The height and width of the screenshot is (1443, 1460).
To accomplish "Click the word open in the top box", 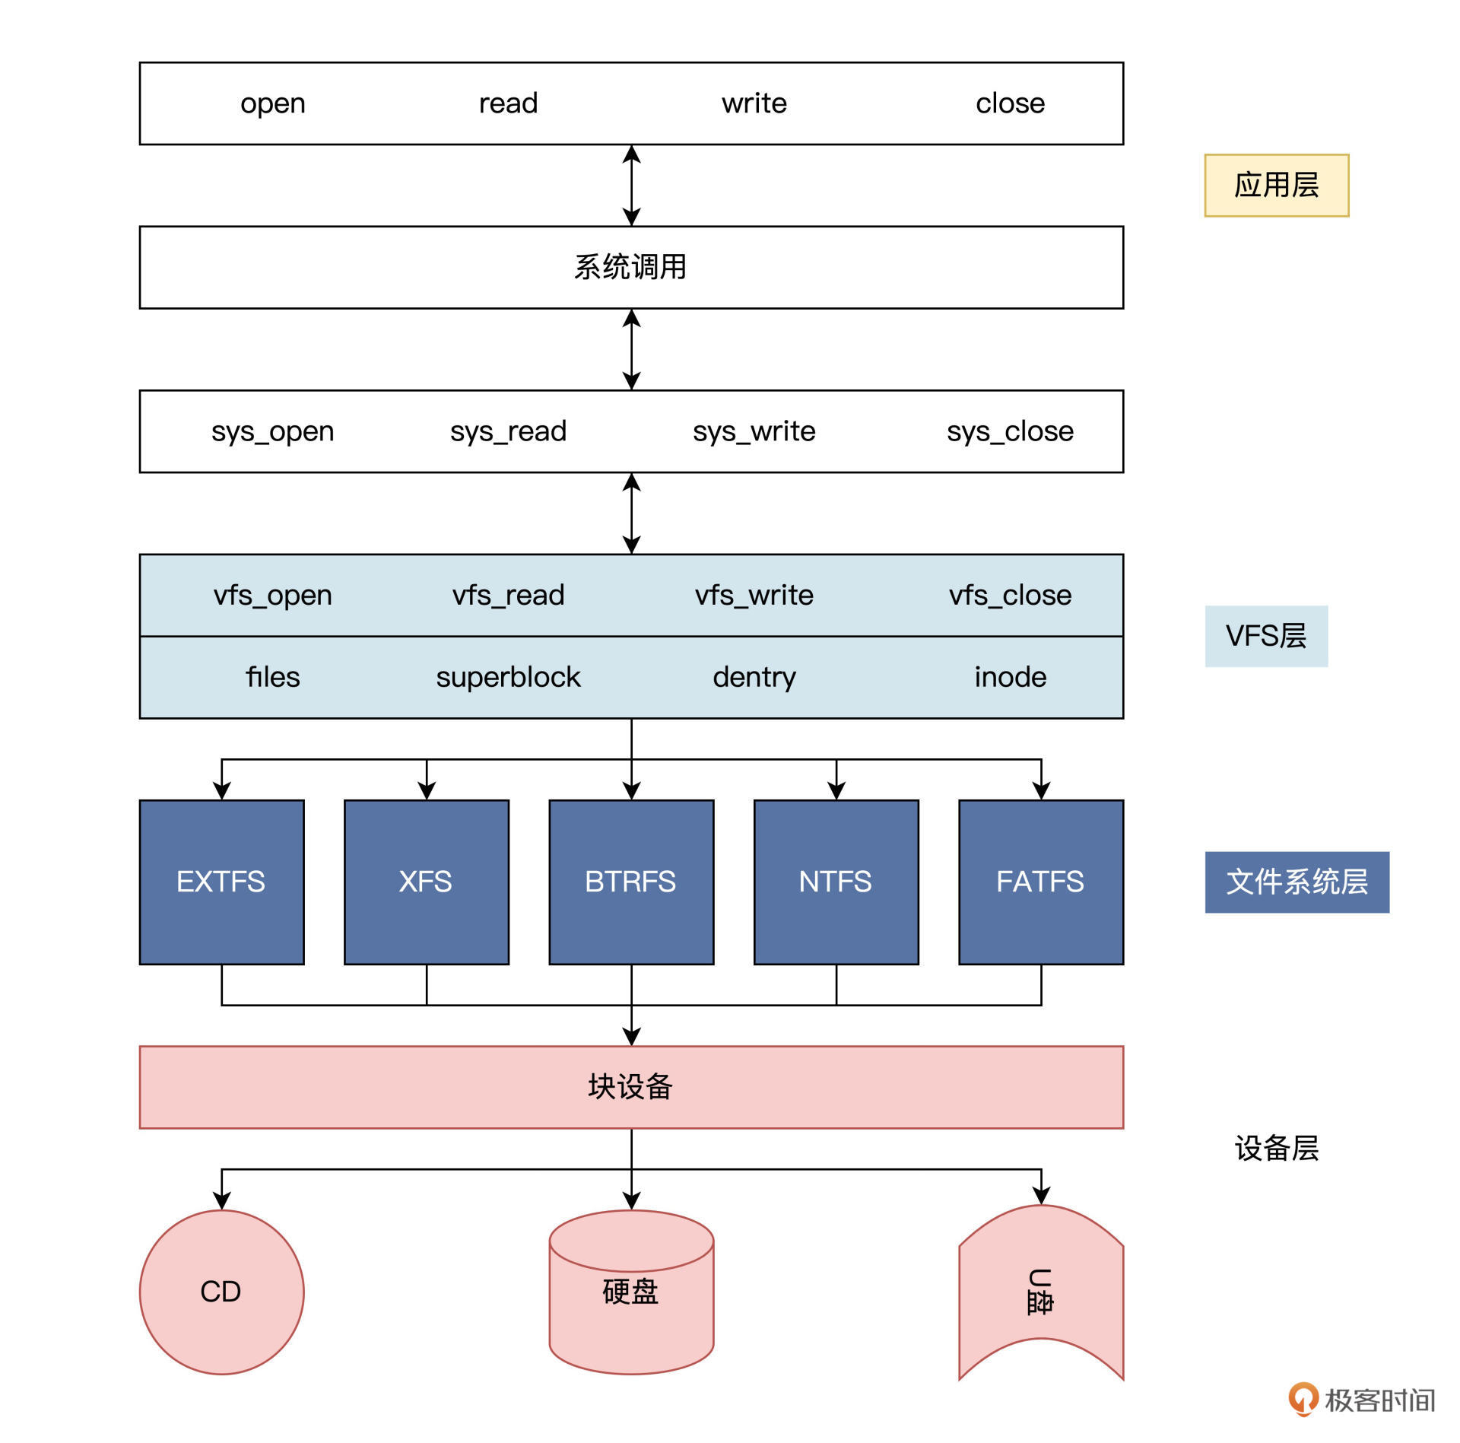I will pyautogui.click(x=272, y=103).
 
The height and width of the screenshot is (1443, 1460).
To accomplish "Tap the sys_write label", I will pyautogui.click(x=754, y=431).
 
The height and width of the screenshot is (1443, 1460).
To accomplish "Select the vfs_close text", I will pyautogui.click(x=1010, y=595).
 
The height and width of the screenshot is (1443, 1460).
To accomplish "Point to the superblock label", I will pyautogui.click(x=508, y=677).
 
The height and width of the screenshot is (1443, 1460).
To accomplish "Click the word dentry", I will pyautogui.click(x=754, y=677).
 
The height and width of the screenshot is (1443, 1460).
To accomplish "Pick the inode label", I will pyautogui.click(x=1010, y=677).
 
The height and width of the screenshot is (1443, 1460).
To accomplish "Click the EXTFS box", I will pyautogui.click(x=221, y=882).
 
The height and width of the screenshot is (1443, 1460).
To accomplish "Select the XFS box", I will pyautogui.click(x=426, y=882).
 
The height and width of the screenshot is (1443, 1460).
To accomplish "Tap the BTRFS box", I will pyautogui.click(x=631, y=882).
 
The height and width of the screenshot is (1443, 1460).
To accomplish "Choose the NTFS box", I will pyautogui.click(x=836, y=882).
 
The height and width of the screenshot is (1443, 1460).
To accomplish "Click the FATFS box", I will pyautogui.click(x=1040, y=882).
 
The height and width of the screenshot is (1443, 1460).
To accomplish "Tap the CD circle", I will pyautogui.click(x=221, y=1292).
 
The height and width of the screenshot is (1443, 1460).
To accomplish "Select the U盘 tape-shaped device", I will pyautogui.click(x=1040, y=1292).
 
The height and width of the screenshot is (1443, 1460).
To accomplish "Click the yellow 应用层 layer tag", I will pyautogui.click(x=1276, y=186).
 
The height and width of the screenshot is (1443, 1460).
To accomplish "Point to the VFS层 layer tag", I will pyautogui.click(x=1266, y=636).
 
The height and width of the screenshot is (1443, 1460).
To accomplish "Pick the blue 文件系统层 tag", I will pyautogui.click(x=1297, y=882).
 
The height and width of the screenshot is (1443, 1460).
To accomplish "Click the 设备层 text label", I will pyautogui.click(x=1276, y=1148).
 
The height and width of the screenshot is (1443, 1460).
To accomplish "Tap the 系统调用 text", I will pyautogui.click(x=630, y=267).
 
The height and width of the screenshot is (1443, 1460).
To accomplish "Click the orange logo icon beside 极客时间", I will pyautogui.click(x=1303, y=1398).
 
